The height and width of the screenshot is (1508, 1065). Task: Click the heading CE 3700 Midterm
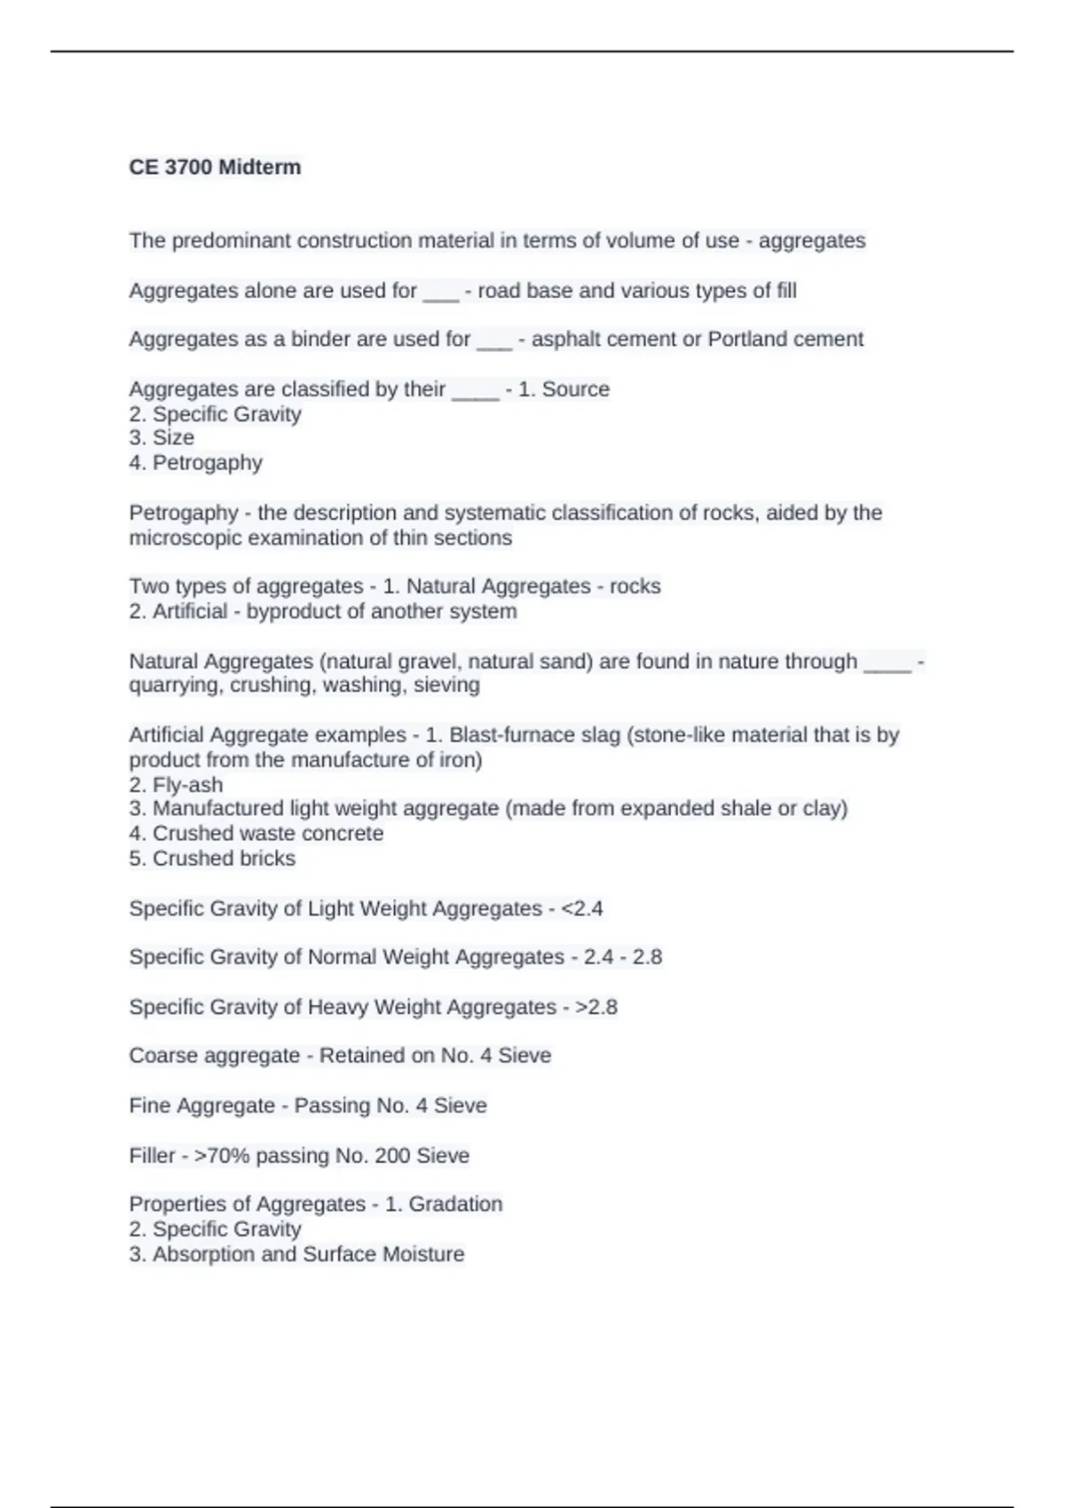point(215,167)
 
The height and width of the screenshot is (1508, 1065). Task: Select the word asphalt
point(565,339)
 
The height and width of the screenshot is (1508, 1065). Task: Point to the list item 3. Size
point(162,437)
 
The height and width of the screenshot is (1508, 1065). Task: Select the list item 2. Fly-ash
point(176,785)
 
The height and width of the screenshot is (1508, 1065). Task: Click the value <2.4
point(582,908)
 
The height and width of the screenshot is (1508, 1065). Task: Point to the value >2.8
point(596,1007)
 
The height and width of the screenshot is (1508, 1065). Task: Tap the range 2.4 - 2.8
point(623,957)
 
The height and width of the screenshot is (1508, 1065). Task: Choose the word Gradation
point(455,1204)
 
